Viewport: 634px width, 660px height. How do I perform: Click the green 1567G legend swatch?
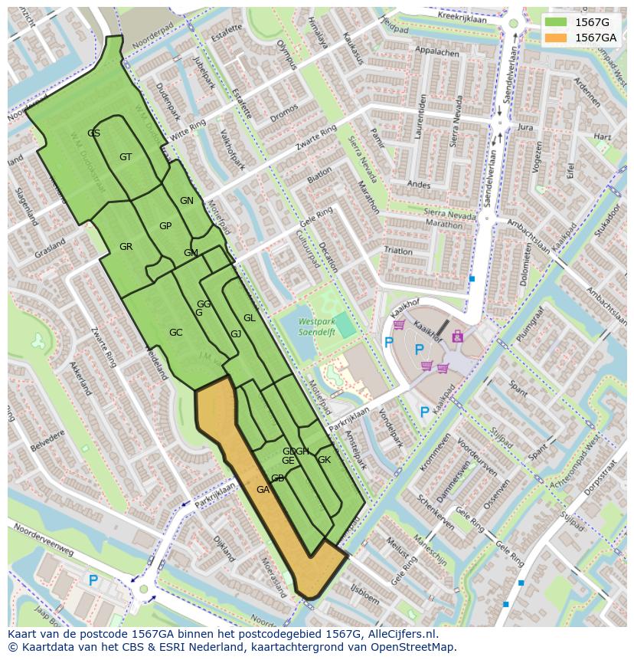pos(557,22)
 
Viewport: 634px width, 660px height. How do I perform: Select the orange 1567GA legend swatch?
pos(557,38)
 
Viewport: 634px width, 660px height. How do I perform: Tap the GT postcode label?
pos(126,157)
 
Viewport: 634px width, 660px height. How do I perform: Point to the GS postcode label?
pos(93,133)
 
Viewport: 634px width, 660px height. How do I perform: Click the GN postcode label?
pos(186,201)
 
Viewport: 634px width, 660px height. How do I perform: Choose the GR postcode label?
pos(126,247)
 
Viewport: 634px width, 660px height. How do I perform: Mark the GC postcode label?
pos(175,333)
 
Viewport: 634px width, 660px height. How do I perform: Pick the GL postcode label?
pos(249,318)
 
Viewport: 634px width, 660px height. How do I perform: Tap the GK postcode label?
pos(324,460)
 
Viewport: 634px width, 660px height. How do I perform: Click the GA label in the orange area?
pos(263,490)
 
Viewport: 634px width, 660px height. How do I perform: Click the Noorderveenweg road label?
pos(42,550)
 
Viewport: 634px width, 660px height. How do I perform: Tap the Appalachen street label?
pos(436,53)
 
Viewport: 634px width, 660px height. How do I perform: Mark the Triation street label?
pos(398,251)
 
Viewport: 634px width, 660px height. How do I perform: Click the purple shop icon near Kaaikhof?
pos(458,336)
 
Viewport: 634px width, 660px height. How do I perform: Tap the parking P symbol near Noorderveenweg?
pos(93,581)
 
